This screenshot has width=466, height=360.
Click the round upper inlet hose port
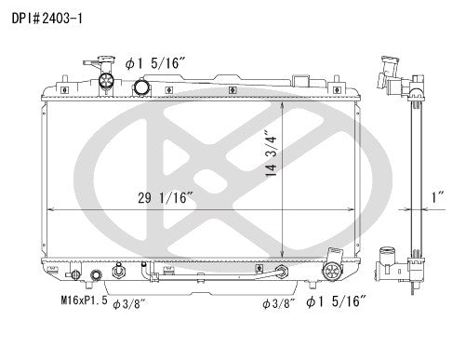143,87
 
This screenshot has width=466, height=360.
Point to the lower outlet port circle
331,272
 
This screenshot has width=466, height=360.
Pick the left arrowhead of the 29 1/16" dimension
50,207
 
